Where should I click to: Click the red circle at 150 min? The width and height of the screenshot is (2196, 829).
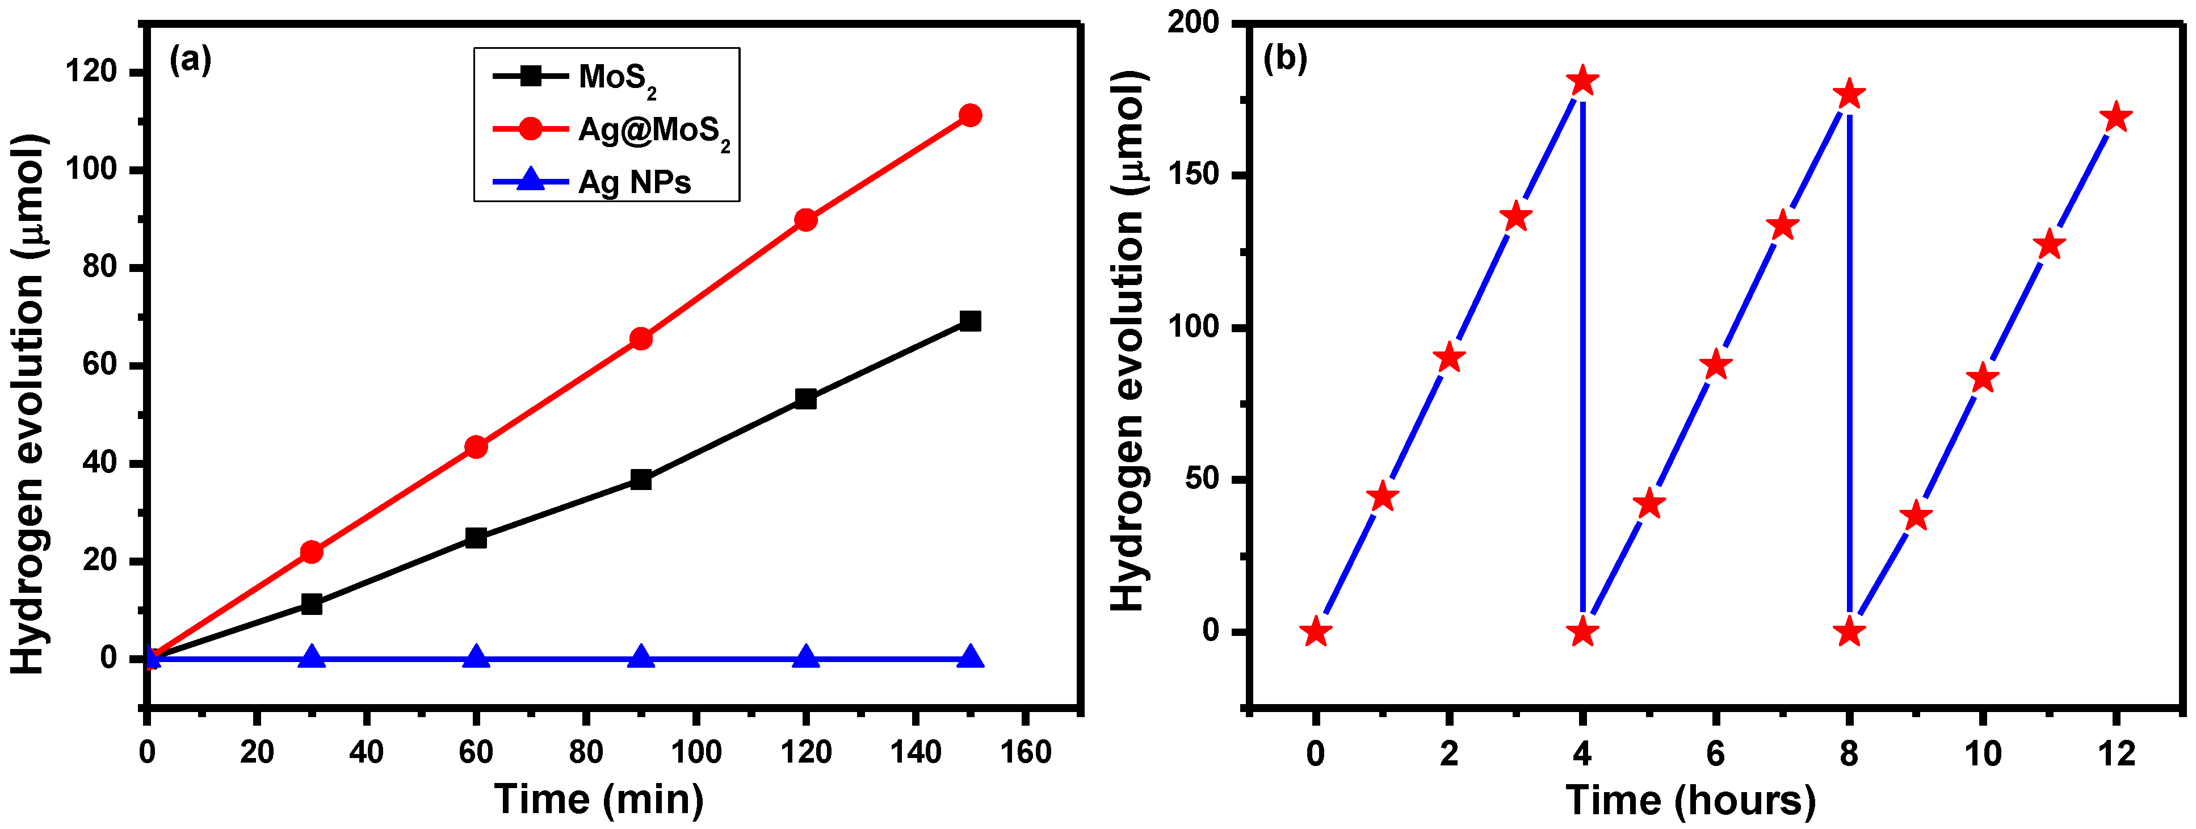tap(970, 115)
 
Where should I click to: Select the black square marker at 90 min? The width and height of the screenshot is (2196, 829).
tap(641, 479)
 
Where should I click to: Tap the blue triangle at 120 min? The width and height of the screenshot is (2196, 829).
tap(805, 658)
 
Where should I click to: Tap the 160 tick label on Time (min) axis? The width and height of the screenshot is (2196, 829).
tap(1026, 752)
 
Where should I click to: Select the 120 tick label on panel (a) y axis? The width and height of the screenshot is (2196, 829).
tap(91, 73)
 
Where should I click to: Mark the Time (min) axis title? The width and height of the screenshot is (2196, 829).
tap(599, 799)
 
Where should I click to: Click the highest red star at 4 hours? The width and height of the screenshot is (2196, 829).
tap(1582, 82)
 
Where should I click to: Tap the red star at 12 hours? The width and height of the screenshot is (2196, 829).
tap(2116, 118)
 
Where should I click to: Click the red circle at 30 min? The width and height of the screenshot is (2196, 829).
tap(312, 552)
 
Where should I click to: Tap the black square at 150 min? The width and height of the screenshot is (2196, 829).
tap(970, 321)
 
